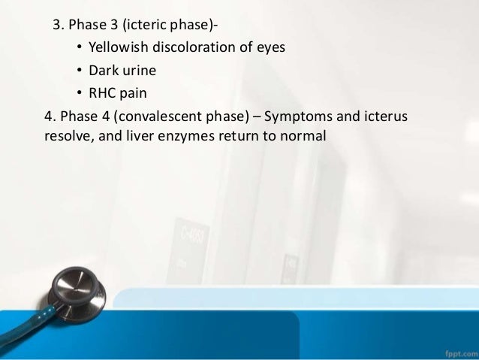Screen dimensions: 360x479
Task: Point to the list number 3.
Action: click(57, 24)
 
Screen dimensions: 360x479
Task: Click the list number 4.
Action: click(50, 118)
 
